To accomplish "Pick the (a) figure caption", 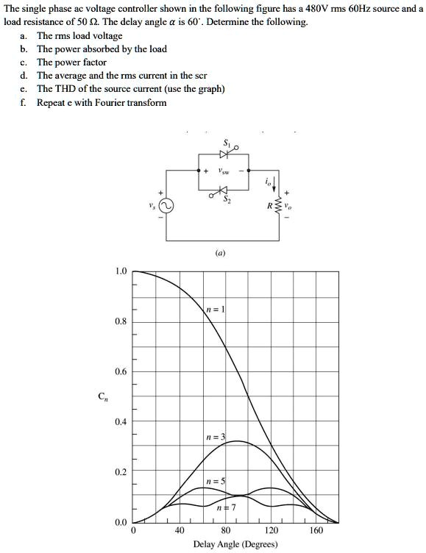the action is (220, 252).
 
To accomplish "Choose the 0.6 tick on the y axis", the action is (121, 371).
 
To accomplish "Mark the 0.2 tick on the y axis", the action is (121, 471).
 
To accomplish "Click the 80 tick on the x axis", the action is (226, 530).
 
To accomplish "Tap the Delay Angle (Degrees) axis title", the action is (235, 544).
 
